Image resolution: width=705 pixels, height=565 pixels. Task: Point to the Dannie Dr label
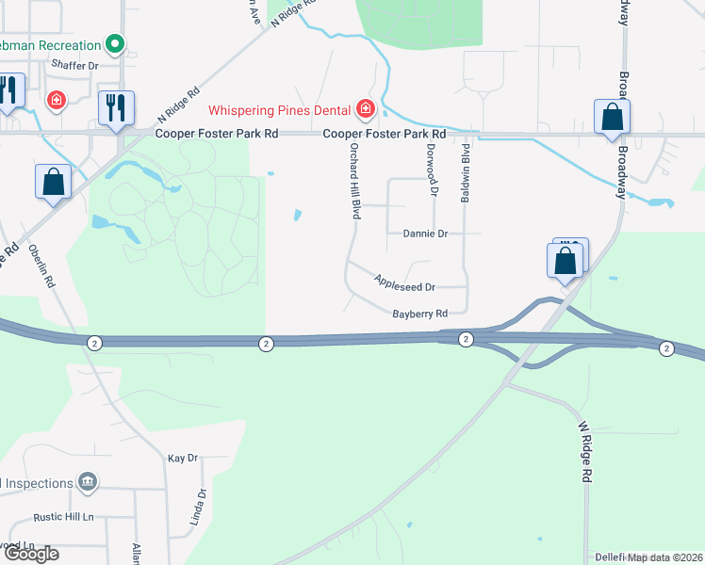pos(424,233)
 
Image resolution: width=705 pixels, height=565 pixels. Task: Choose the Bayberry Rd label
pos(418,313)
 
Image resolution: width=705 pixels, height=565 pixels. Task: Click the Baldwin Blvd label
pos(466,170)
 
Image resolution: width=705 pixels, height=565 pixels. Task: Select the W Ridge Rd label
pos(584,453)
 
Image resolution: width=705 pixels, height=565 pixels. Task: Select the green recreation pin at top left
pos(115,43)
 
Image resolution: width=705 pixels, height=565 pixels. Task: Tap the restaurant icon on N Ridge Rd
pos(117,106)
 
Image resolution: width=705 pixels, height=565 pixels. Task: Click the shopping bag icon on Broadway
pos(613,116)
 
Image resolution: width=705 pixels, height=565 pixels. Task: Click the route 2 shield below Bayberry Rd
pos(466,338)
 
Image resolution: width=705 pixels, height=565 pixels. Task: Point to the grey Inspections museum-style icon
pos(88,483)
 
